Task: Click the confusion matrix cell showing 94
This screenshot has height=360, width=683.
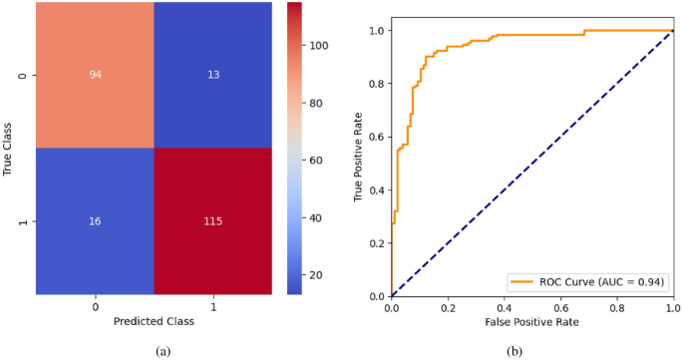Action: pos(96,76)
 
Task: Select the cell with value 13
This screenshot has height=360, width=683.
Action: pos(212,76)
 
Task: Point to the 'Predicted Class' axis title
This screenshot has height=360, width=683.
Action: pos(155,322)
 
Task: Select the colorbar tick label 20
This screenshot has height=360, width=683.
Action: pos(315,273)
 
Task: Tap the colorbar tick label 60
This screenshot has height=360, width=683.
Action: pos(315,160)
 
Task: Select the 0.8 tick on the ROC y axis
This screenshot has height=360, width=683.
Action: pos(376,84)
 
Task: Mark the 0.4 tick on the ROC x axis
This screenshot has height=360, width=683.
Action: pos(504,309)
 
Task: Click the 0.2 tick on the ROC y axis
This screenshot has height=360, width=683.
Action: pos(376,243)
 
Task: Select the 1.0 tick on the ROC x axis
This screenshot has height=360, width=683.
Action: pos(673,309)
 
